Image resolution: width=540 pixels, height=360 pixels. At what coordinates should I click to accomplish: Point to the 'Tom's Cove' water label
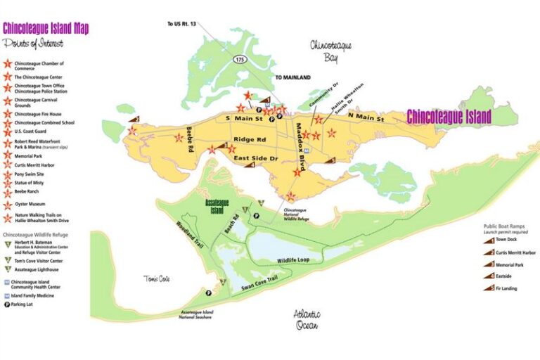(157, 279)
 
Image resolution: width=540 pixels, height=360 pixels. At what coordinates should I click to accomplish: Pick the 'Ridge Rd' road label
(249, 139)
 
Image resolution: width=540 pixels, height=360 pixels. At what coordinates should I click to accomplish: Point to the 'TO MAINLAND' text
(292, 77)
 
